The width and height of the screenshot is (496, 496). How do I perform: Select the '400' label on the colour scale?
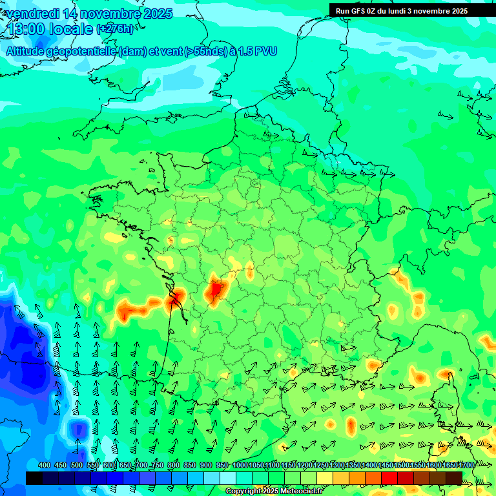click(45, 466)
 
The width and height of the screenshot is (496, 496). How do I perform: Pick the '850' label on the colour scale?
click(190, 466)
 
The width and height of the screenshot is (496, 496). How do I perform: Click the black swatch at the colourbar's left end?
click(34, 478)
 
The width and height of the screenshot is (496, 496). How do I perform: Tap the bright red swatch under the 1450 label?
click(389, 478)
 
